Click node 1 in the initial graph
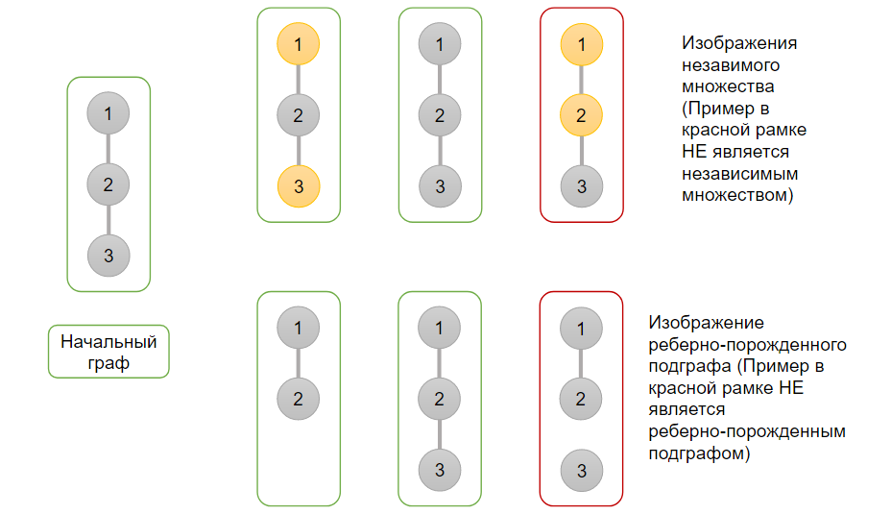[x=108, y=113]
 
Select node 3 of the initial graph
[x=108, y=256]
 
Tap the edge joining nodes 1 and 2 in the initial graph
[x=108, y=148]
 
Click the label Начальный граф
[x=108, y=353]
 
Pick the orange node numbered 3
[x=299, y=186]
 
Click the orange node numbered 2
[x=581, y=116]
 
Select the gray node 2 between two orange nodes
[x=299, y=116]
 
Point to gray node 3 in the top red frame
[x=581, y=186]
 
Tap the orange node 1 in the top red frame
[x=581, y=44]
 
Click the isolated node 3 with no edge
[x=581, y=471]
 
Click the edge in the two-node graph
[x=299, y=363]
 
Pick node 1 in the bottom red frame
[x=581, y=329]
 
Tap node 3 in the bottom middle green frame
[x=440, y=471]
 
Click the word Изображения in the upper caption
[x=739, y=44]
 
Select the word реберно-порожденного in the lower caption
[x=747, y=344]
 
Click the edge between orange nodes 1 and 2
[x=581, y=80]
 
